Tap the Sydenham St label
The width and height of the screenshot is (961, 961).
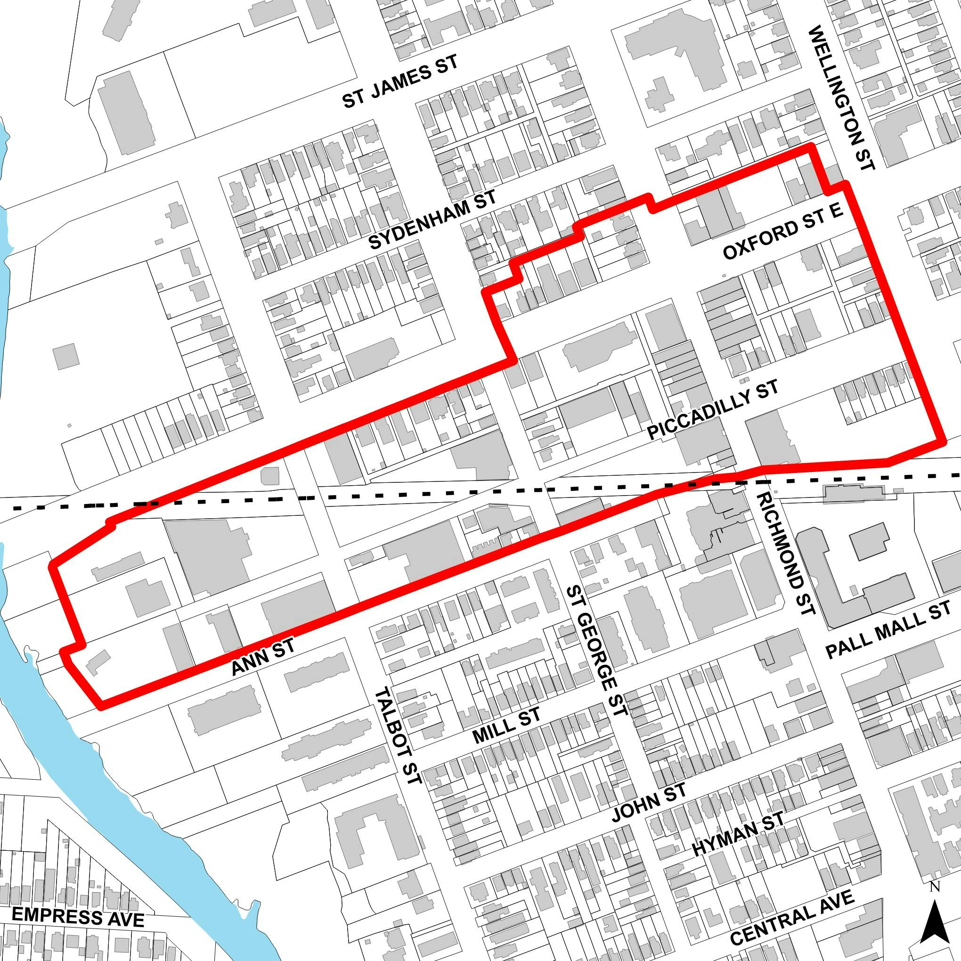(432, 220)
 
